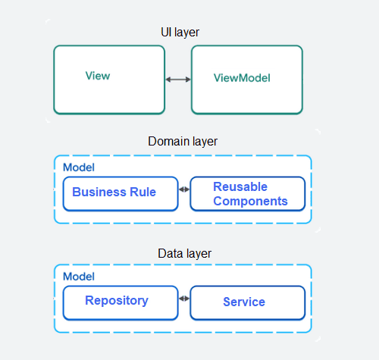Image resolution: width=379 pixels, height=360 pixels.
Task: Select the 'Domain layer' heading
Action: point(183,142)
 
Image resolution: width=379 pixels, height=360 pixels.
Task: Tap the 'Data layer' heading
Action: point(183,253)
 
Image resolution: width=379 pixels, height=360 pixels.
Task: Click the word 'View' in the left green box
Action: point(98,76)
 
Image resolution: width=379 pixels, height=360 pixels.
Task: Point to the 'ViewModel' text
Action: point(242,78)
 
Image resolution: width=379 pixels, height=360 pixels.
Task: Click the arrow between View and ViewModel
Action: point(178,79)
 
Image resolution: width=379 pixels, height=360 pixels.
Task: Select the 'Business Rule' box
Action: point(121,193)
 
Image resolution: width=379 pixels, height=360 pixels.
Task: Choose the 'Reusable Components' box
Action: point(247,194)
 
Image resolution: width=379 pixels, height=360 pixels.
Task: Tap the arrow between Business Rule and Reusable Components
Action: point(184,189)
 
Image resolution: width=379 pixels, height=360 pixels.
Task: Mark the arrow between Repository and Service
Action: point(184,299)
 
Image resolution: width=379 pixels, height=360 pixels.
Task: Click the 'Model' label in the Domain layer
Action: point(78,167)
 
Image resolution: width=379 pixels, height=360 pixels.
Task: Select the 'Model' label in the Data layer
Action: point(78,277)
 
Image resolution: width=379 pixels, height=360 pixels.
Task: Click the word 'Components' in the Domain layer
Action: point(251,201)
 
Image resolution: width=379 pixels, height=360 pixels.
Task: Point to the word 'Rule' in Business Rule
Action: point(142,192)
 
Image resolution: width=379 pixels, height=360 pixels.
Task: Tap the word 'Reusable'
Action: point(240,186)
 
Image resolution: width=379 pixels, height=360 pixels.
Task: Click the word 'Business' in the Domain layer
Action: point(99,192)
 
